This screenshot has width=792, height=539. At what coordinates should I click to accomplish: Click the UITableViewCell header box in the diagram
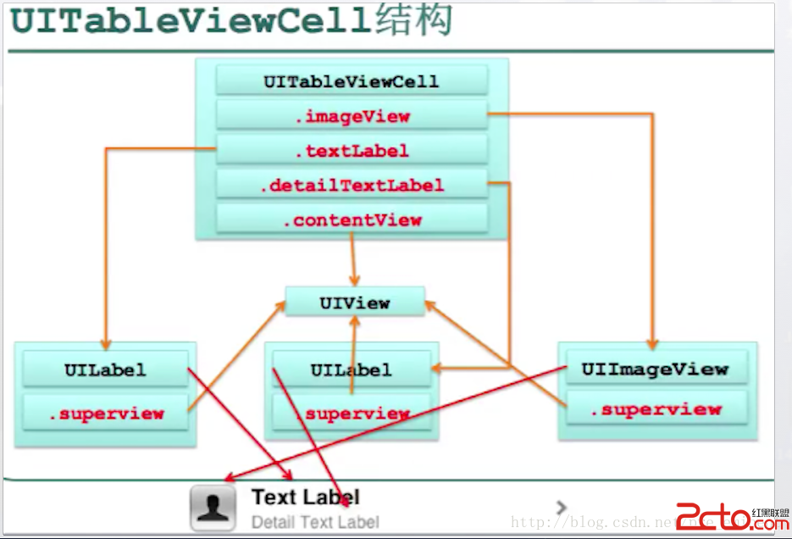point(352,81)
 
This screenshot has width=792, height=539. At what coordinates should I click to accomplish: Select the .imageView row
point(352,116)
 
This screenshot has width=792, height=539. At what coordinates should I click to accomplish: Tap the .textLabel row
point(352,151)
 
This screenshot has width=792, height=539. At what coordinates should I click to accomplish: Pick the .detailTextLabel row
point(352,185)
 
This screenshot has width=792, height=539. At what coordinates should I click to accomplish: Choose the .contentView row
point(352,219)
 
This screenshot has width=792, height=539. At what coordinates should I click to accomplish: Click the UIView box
point(354,302)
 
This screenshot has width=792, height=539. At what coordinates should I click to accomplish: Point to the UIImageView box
point(655,369)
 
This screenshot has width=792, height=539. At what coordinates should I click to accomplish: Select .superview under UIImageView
point(655,409)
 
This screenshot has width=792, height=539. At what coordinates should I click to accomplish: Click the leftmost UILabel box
point(105,370)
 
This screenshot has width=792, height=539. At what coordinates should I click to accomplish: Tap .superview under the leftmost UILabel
point(105,414)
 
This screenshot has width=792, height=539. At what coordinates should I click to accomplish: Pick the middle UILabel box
point(351,370)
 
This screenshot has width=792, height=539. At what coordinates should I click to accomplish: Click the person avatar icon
point(213,508)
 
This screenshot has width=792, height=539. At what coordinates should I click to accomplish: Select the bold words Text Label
point(305,497)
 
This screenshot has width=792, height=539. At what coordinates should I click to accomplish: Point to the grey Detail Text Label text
point(315,522)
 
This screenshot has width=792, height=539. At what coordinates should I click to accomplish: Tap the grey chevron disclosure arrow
point(561,507)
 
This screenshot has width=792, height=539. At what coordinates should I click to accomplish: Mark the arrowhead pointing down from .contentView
point(354,280)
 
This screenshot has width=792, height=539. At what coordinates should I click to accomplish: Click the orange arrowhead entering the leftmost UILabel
point(106,343)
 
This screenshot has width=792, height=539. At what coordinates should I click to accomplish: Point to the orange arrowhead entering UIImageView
point(653,343)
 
